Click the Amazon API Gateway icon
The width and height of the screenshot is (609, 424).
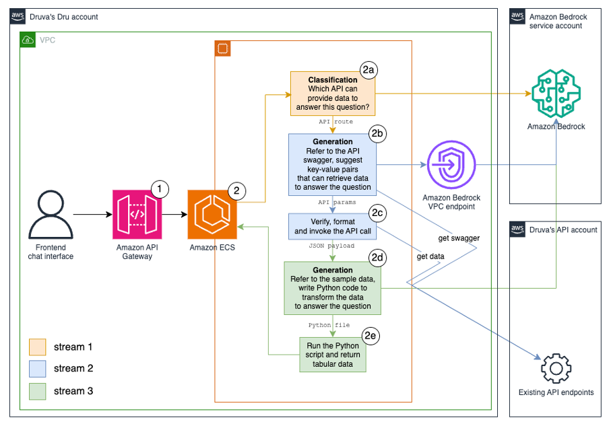click(137, 214)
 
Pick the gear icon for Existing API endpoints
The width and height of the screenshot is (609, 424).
click(556, 367)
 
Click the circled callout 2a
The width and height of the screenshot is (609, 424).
click(368, 69)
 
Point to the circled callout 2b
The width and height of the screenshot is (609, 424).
click(377, 133)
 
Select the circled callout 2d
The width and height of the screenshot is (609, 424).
click(377, 256)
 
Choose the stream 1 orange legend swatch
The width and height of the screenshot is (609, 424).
click(37, 347)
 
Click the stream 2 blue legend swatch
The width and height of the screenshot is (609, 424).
click(37, 368)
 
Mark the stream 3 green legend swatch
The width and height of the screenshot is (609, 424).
click(37, 390)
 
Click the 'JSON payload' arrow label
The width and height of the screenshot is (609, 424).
click(332, 246)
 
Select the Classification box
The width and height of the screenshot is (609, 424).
click(333, 94)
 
